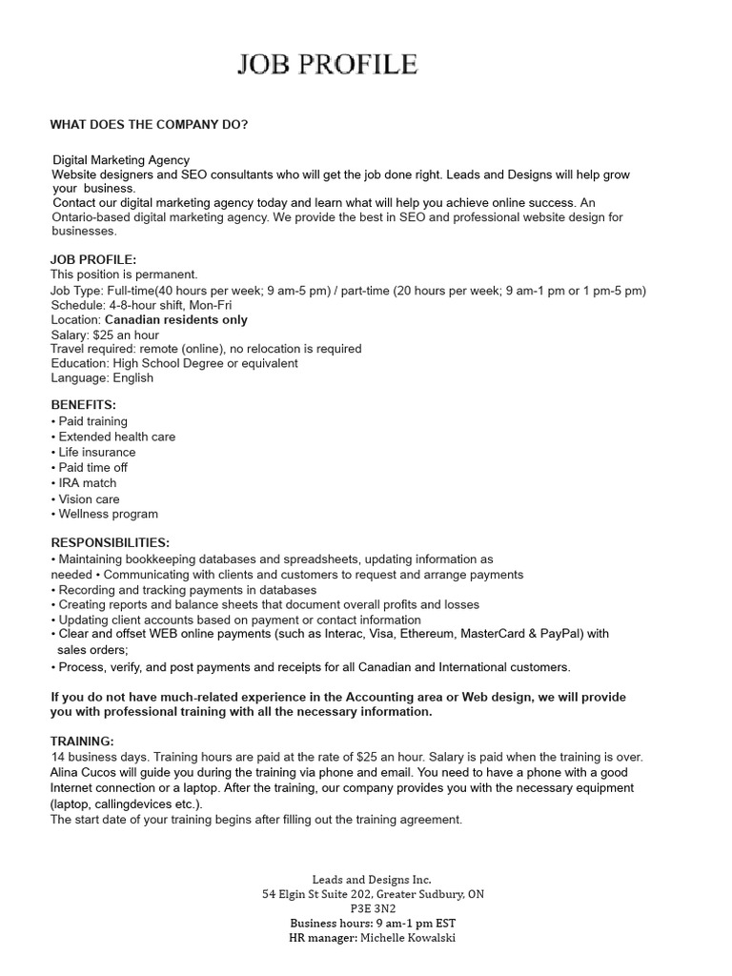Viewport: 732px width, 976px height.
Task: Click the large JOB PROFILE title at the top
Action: pyautogui.click(x=327, y=65)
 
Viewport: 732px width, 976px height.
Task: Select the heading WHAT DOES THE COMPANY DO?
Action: pyautogui.click(x=149, y=125)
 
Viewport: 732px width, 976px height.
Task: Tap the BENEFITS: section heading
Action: pyautogui.click(x=83, y=405)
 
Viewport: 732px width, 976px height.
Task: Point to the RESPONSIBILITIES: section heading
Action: pyautogui.click(x=111, y=542)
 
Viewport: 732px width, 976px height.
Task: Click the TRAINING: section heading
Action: pyautogui.click(x=82, y=741)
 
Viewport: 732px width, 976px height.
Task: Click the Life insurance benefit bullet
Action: pyautogui.click(x=96, y=452)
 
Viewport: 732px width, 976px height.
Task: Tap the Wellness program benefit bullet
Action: pyautogui.click(x=108, y=514)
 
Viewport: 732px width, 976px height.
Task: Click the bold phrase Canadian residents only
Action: pyautogui.click(x=176, y=319)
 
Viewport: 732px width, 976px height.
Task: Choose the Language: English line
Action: pyautogui.click(x=102, y=377)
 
